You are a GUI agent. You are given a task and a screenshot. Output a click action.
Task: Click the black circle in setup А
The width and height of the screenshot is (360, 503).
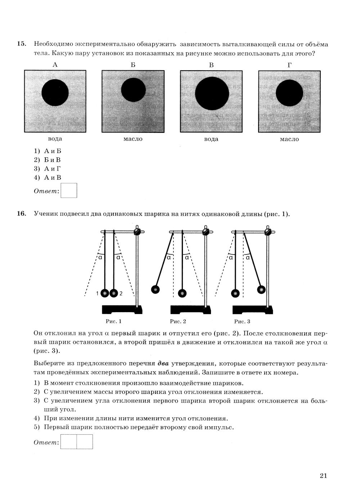[x=55, y=93]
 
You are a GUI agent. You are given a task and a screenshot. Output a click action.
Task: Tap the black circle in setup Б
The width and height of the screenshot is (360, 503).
[x=133, y=90]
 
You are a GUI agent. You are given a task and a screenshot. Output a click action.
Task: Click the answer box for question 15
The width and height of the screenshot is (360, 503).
[x=69, y=190]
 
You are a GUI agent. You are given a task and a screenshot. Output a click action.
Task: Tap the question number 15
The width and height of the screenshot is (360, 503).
[x=22, y=44]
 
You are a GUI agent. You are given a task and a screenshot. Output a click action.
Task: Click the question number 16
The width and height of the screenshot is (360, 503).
[x=22, y=214]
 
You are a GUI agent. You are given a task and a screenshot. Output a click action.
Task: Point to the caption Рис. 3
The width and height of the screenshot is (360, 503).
[x=242, y=321]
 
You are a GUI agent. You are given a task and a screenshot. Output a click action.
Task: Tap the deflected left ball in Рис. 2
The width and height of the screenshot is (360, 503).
[x=155, y=289]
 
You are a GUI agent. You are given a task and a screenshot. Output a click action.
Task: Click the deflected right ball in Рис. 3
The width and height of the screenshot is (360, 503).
[x=261, y=289]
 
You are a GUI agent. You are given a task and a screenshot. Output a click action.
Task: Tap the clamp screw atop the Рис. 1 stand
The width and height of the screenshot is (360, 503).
[x=137, y=232]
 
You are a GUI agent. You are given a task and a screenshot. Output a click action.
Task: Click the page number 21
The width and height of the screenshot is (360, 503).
[x=323, y=476]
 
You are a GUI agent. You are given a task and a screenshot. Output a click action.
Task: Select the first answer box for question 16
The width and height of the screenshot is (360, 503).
[x=69, y=442]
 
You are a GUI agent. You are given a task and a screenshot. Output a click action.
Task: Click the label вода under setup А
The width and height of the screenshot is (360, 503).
[x=55, y=139]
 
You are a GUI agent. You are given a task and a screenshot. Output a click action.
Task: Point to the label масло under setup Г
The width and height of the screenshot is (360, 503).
[x=289, y=139]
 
